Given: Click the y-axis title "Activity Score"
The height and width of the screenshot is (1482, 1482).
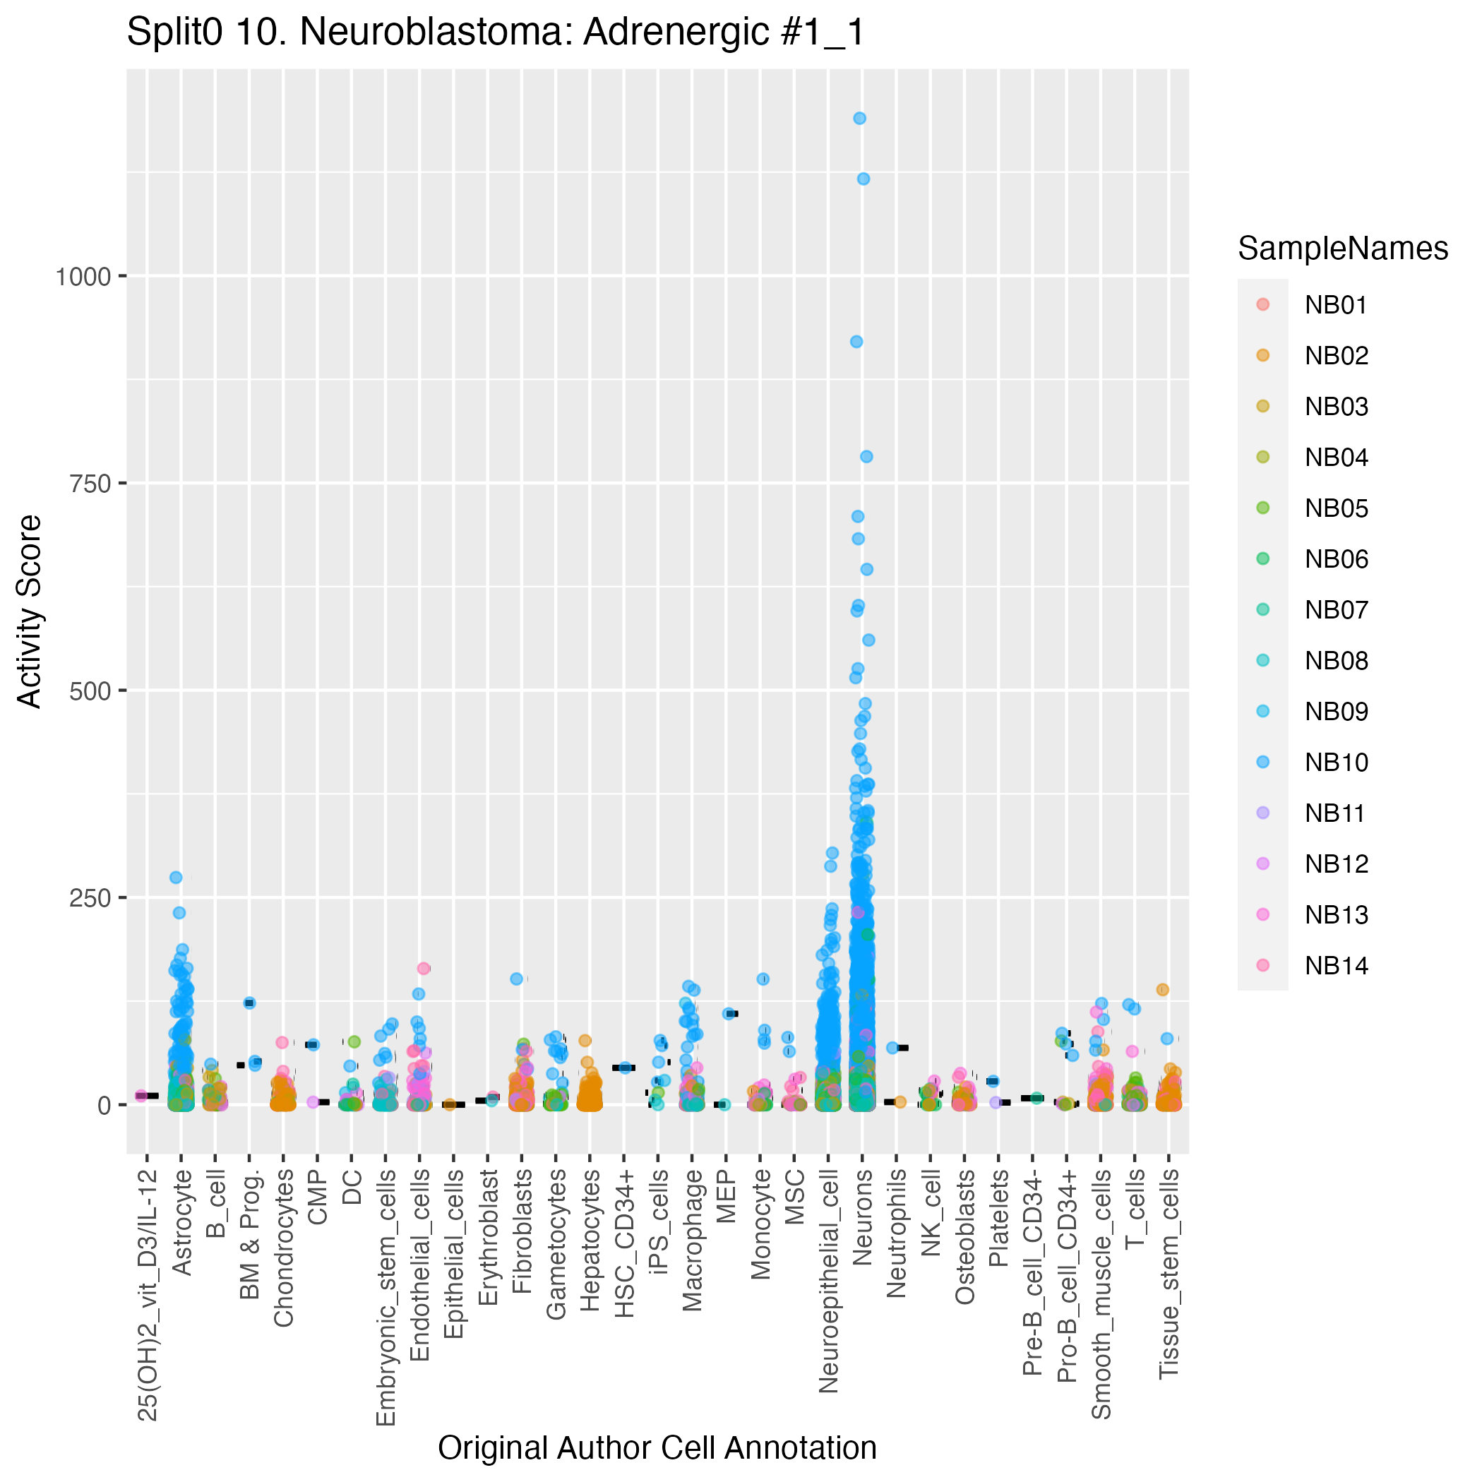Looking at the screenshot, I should pyautogui.click(x=30, y=611).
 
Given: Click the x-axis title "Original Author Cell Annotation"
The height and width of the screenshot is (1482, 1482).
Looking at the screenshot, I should pyautogui.click(x=657, y=1448).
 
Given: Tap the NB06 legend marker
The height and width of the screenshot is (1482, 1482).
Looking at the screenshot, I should pyautogui.click(x=1263, y=559).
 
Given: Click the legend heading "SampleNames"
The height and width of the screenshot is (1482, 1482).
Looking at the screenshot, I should pyautogui.click(x=1342, y=249).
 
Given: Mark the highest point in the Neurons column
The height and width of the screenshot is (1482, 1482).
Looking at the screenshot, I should pyautogui.click(x=860, y=118).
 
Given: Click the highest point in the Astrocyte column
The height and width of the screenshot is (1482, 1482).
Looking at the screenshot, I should pyautogui.click(x=176, y=878).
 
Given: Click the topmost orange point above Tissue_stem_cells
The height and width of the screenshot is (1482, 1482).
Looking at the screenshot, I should pyautogui.click(x=1162, y=990).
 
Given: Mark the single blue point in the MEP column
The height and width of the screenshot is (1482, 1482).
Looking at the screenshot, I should pyautogui.click(x=728, y=1014).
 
